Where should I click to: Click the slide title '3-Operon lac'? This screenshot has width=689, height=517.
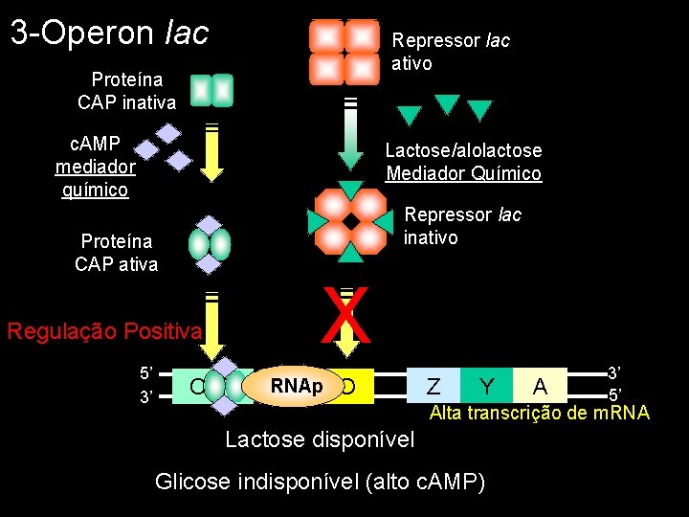pyautogui.click(x=109, y=33)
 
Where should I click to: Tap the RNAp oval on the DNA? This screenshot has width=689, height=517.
pyautogui.click(x=296, y=386)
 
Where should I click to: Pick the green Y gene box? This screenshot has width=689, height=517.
pyautogui.click(x=486, y=386)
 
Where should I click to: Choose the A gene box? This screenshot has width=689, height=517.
pyautogui.click(x=540, y=386)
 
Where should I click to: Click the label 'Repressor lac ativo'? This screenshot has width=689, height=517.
pyautogui.click(x=451, y=52)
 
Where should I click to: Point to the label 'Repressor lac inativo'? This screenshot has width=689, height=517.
pyautogui.click(x=462, y=226)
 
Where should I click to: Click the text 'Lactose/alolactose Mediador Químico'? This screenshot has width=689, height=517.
pyautogui.click(x=463, y=162)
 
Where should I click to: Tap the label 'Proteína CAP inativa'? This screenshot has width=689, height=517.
pyautogui.click(x=126, y=90)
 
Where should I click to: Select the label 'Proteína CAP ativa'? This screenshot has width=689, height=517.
pyautogui.click(x=116, y=252)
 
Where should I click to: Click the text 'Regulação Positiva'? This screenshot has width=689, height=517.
pyautogui.click(x=104, y=331)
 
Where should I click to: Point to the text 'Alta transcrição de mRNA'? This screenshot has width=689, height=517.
pyautogui.click(x=539, y=414)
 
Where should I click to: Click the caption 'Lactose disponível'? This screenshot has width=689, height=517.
pyautogui.click(x=320, y=439)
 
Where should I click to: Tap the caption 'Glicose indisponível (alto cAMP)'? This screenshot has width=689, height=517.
pyautogui.click(x=320, y=481)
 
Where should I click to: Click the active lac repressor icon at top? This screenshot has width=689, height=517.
pyautogui.click(x=344, y=52)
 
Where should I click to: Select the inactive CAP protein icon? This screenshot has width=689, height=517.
pyautogui.click(x=211, y=90)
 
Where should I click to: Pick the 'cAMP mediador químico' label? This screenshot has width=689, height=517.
pyautogui.click(x=96, y=166)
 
